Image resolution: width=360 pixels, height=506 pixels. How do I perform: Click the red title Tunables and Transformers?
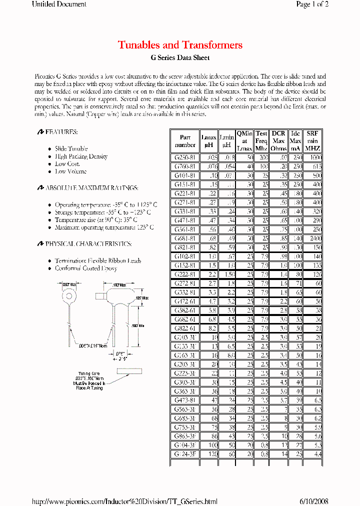pos(180,45)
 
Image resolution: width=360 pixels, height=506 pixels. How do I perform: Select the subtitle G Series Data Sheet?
pos(180,58)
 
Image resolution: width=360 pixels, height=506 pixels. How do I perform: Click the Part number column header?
pos(185,141)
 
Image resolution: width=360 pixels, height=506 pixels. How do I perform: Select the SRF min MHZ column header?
pos(313,141)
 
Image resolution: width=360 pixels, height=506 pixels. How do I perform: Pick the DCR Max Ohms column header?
pos(278,141)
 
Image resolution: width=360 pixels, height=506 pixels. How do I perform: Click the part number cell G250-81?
pos(184,157)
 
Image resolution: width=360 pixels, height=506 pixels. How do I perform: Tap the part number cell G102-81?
pos(184,256)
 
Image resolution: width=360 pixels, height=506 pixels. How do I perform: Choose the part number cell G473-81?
pos(184,400)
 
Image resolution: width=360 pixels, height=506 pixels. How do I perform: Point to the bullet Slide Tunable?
pos(71,148)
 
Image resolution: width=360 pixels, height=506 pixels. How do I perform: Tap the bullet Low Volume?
pos(70,171)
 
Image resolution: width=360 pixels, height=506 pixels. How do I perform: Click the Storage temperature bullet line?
pos(102,212)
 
